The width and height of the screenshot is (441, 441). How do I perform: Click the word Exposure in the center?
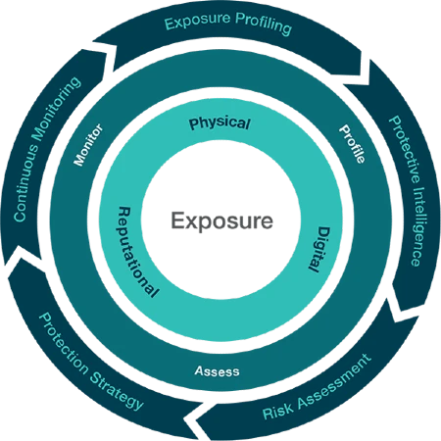click(221, 221)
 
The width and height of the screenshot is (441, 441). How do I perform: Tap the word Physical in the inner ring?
click(220, 123)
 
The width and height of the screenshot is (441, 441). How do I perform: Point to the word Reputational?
click(135, 253)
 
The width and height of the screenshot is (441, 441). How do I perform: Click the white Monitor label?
click(87, 145)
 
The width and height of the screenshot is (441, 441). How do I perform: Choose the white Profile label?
click(352, 143)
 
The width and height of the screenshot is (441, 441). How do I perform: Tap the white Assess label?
click(217, 371)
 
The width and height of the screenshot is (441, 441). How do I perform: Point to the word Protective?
click(405, 149)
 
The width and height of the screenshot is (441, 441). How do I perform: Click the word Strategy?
click(117, 391)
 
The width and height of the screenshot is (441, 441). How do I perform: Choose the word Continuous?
click(25, 181)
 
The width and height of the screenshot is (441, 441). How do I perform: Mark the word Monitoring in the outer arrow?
click(56, 109)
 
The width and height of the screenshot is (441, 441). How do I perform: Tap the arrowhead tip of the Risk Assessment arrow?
click(185, 416)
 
